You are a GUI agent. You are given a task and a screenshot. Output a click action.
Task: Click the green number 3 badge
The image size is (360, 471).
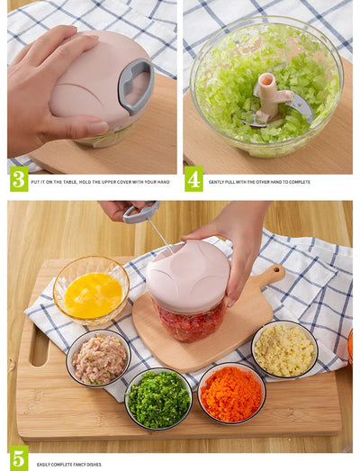pos(18,178)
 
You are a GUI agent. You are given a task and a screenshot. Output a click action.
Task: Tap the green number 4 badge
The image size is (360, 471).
pos(193,178)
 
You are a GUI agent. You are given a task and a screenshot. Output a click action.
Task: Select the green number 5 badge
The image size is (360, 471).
pos(18,458)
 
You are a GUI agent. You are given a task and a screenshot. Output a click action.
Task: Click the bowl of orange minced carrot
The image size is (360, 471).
pos(231,394)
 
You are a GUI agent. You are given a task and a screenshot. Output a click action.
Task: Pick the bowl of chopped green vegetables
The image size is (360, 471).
pos(158,399)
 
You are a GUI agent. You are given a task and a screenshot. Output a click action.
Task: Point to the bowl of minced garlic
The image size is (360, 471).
pos(284,349)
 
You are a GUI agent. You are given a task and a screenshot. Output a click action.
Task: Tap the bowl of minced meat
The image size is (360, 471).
pos(99,358)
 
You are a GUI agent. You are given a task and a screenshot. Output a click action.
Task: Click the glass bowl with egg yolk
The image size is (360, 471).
pos(91,292)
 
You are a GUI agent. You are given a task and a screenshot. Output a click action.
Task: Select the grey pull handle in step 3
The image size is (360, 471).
pos(136,86)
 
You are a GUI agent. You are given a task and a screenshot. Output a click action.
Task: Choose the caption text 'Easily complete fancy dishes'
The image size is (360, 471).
pos(69,465)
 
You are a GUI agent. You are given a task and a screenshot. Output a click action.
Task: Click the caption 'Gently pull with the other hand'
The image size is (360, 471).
pos(259,182)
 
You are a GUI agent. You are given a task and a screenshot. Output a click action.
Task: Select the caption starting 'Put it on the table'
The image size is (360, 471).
pos(99,182)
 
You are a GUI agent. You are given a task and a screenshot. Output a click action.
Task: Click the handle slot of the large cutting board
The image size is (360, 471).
pos(38,348)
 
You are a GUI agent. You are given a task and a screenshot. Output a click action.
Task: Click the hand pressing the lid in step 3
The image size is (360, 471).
pos(45,90)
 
